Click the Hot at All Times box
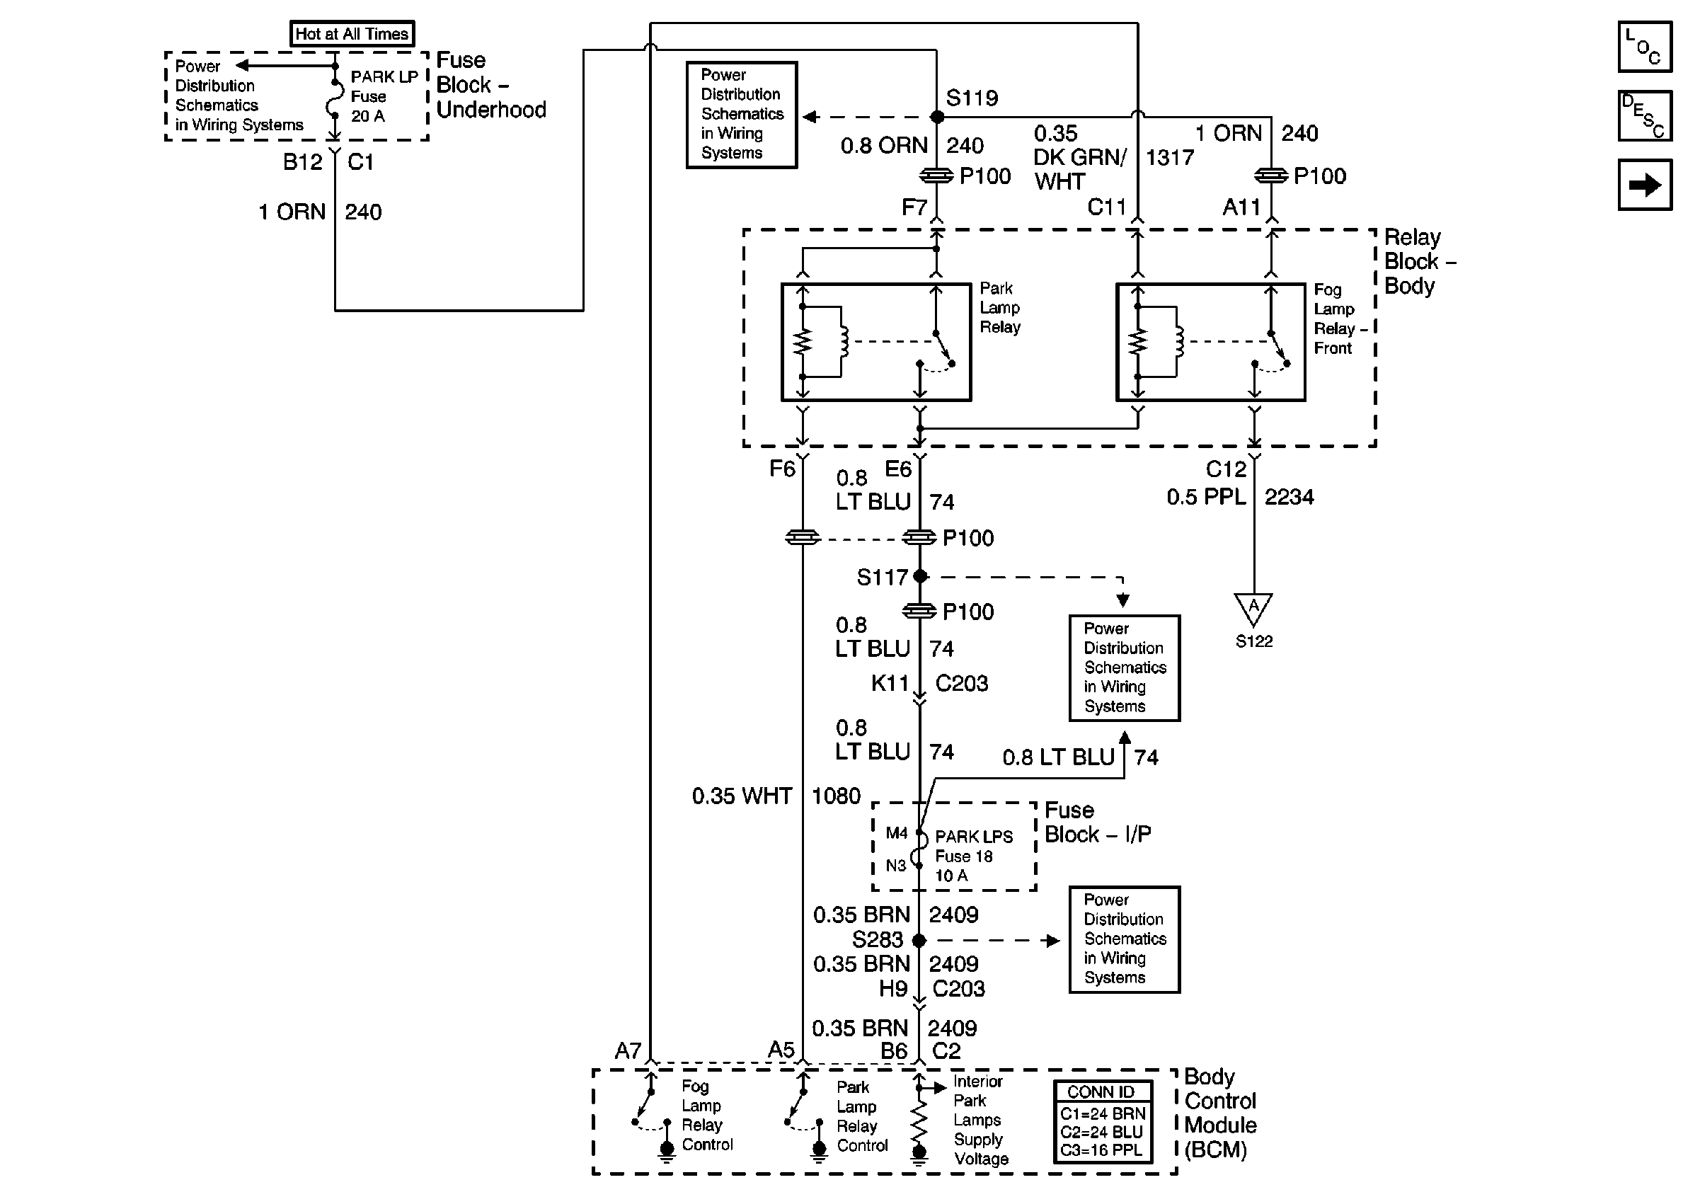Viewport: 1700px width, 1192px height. coord(352,34)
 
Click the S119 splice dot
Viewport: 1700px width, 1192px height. coord(936,117)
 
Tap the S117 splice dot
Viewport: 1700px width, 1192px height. coord(919,576)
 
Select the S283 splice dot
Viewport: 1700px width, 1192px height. coord(919,940)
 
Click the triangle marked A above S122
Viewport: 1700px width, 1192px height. coord(1253,608)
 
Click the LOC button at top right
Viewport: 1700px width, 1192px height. coord(1643,47)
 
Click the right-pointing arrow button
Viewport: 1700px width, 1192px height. coord(1643,185)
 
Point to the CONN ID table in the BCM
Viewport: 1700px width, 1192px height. coord(1103,1121)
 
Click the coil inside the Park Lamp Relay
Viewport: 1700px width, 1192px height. coord(844,342)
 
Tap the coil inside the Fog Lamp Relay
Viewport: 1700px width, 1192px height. coord(1178,342)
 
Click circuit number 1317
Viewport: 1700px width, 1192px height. coord(1170,158)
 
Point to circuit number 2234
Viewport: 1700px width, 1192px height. coord(1288,497)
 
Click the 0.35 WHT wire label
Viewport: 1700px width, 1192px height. coord(741,796)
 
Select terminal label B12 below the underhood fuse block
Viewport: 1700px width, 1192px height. coord(302,162)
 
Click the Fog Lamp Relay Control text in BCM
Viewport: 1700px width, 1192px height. coord(706,1115)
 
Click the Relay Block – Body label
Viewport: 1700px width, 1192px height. coord(1418,261)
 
